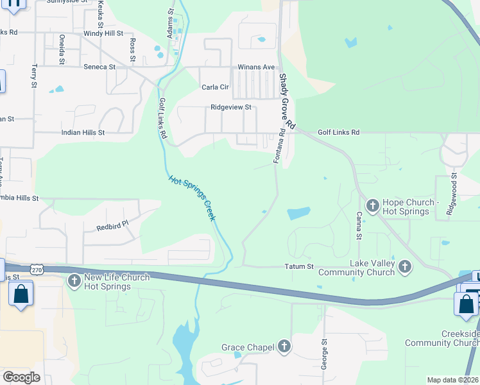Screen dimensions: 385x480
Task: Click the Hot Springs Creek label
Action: pos(192,198)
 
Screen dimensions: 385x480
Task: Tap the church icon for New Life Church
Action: pos(74,280)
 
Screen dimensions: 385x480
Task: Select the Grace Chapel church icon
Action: pos(284,347)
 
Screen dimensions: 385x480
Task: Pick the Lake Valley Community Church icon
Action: pos(404,266)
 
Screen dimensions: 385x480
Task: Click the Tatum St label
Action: pos(299,266)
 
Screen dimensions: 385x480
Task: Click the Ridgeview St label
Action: pos(231,108)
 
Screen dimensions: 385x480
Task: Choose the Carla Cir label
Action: pos(215,87)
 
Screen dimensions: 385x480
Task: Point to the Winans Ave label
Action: pos(256,67)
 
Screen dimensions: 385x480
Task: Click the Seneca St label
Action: pos(99,66)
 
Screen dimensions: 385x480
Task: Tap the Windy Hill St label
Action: pos(103,33)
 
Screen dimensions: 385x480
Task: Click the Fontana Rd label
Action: pos(279,147)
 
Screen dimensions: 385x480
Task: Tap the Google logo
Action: pos(21,377)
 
